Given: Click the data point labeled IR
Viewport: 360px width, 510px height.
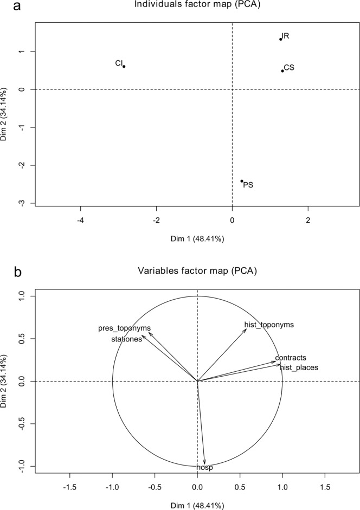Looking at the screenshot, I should (280, 39).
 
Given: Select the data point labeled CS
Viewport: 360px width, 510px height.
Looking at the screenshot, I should (282, 70).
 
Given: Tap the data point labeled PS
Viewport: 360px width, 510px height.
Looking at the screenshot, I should (242, 181).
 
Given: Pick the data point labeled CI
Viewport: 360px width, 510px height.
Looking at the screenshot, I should (124, 67).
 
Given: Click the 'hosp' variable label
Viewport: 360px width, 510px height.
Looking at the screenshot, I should (204, 468).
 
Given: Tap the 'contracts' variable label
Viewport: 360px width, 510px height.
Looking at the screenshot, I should (291, 358).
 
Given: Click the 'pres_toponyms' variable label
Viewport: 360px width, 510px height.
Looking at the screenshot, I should (124, 328).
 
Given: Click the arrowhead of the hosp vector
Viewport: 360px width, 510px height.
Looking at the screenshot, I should (204, 462).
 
